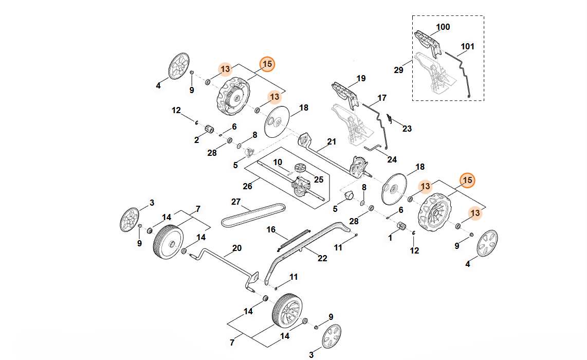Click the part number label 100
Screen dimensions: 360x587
click(443, 27)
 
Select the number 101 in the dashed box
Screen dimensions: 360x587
click(467, 47)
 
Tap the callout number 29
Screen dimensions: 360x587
click(398, 70)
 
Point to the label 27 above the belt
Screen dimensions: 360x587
click(236, 201)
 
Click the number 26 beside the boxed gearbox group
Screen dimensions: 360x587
click(247, 186)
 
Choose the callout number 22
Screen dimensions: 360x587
click(322, 258)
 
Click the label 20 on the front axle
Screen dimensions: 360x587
click(236, 248)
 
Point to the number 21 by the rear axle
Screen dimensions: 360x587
click(331, 141)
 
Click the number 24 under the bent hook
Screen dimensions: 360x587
click(392, 159)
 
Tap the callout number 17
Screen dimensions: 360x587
click(382, 98)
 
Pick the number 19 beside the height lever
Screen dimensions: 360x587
click(361, 79)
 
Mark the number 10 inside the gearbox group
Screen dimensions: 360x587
click(278, 162)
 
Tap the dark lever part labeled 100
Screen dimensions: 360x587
click(428, 42)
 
